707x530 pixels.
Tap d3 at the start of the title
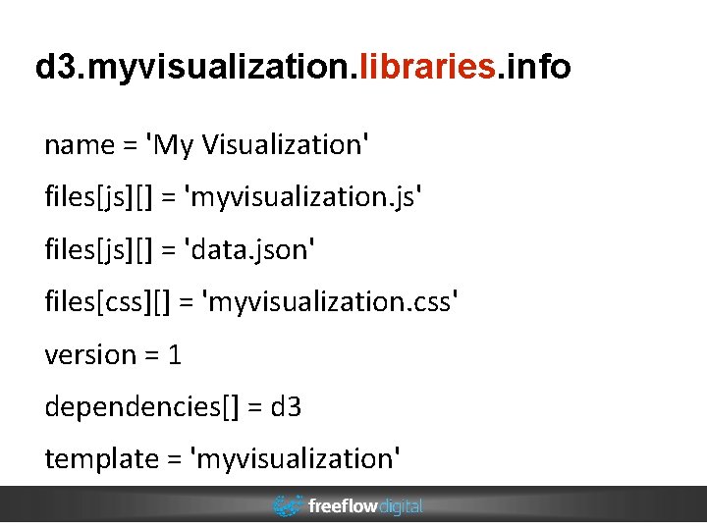[x=55, y=67]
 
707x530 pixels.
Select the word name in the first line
[x=80, y=145]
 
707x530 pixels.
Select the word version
[x=90, y=354]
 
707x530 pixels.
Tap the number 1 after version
[x=175, y=354]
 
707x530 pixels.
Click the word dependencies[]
[x=141, y=406]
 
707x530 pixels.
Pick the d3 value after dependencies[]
[x=286, y=406]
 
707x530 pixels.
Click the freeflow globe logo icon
[x=288, y=506]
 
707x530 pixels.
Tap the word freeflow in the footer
[x=342, y=506]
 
